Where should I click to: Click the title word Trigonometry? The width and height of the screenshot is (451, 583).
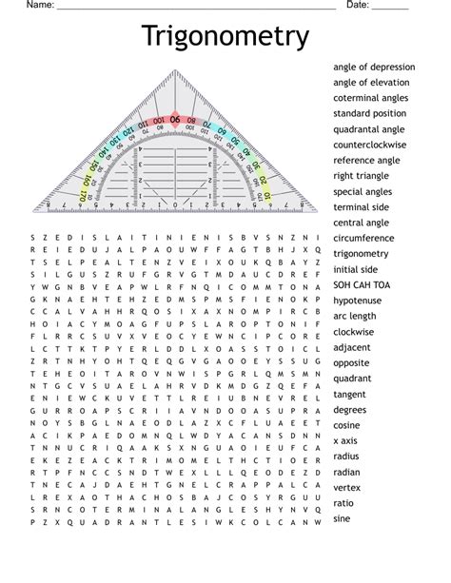pos(225,37)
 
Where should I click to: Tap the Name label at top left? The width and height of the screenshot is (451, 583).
pos(39,6)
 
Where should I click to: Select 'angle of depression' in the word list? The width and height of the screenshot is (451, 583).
pos(374,68)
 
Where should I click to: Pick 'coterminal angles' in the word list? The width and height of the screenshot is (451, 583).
pos(371,98)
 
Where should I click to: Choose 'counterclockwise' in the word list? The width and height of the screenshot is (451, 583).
pos(369,145)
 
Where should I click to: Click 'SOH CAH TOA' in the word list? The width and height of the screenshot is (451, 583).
pos(362,284)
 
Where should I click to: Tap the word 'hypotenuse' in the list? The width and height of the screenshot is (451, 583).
pos(358,300)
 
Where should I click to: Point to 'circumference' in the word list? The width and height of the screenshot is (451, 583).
pos(364,238)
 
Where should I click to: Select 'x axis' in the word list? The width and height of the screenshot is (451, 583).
pos(345,440)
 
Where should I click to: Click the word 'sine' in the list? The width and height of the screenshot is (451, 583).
pos(342,518)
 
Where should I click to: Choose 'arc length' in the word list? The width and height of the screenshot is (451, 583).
pos(355,316)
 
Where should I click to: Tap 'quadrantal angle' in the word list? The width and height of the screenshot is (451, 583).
pos(369,129)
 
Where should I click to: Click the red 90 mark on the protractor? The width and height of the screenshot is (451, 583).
pos(175,119)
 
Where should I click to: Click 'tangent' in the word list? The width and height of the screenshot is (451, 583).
pos(349,394)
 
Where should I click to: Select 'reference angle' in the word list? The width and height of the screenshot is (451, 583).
pos(366,161)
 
